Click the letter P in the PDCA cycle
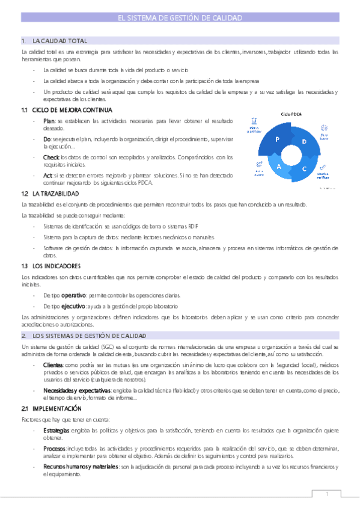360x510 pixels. pyautogui.click(x=278, y=139)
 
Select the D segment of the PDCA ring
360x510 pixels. pyautogui.click(x=304, y=141)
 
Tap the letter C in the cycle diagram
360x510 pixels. pyautogui.click(x=304, y=169)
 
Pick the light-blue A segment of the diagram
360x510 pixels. pyautogui.click(x=278, y=168)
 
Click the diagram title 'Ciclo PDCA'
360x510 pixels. pyautogui.click(x=291, y=114)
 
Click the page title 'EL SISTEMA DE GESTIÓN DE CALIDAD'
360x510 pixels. pyautogui.click(x=180, y=19)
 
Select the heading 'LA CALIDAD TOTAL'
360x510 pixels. pyautogui.click(x=59, y=41)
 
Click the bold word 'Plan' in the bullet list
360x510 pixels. pyautogui.click(x=49, y=121)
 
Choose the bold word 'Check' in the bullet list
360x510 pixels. pyautogui.click(x=51, y=157)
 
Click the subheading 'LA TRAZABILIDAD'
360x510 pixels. pyautogui.click(x=55, y=194)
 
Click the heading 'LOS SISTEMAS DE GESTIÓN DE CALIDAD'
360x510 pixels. pyautogui.click(x=90, y=336)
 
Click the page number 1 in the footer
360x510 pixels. pyautogui.click(x=328, y=494)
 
